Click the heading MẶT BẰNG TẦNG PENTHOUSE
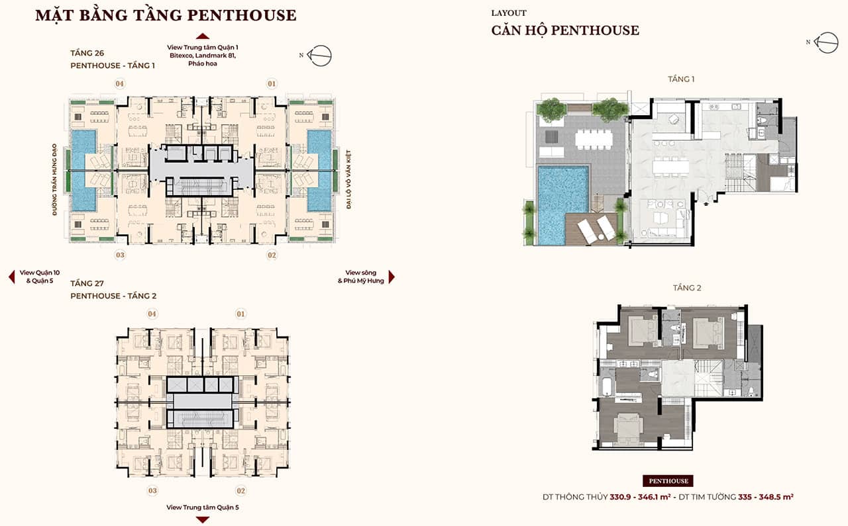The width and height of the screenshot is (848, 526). coord(166,16)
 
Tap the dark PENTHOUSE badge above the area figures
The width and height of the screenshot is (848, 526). coord(668,480)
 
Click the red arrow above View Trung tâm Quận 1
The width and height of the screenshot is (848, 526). coord(203,36)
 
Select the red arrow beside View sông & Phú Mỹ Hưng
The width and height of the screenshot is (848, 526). coord(392,277)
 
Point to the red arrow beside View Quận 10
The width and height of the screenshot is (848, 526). coord(12,277)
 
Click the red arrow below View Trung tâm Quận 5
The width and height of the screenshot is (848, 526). coord(203,520)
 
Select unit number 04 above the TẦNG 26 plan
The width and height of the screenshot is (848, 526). coord(120,83)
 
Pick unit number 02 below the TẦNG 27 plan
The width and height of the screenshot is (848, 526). coord(240,491)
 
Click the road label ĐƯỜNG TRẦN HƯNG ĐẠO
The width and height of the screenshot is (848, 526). coord(54,179)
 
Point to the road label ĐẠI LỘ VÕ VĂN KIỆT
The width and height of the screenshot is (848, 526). coord(348,179)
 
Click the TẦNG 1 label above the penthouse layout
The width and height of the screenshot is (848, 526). coord(681,79)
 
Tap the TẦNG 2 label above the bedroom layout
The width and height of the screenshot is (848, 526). coord(687,288)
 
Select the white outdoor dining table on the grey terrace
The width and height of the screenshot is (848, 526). coord(594,139)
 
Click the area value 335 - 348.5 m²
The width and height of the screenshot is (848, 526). coord(765,497)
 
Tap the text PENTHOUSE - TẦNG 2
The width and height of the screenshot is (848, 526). coord(113,296)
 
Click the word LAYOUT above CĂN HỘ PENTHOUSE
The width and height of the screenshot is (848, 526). coord(509,13)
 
